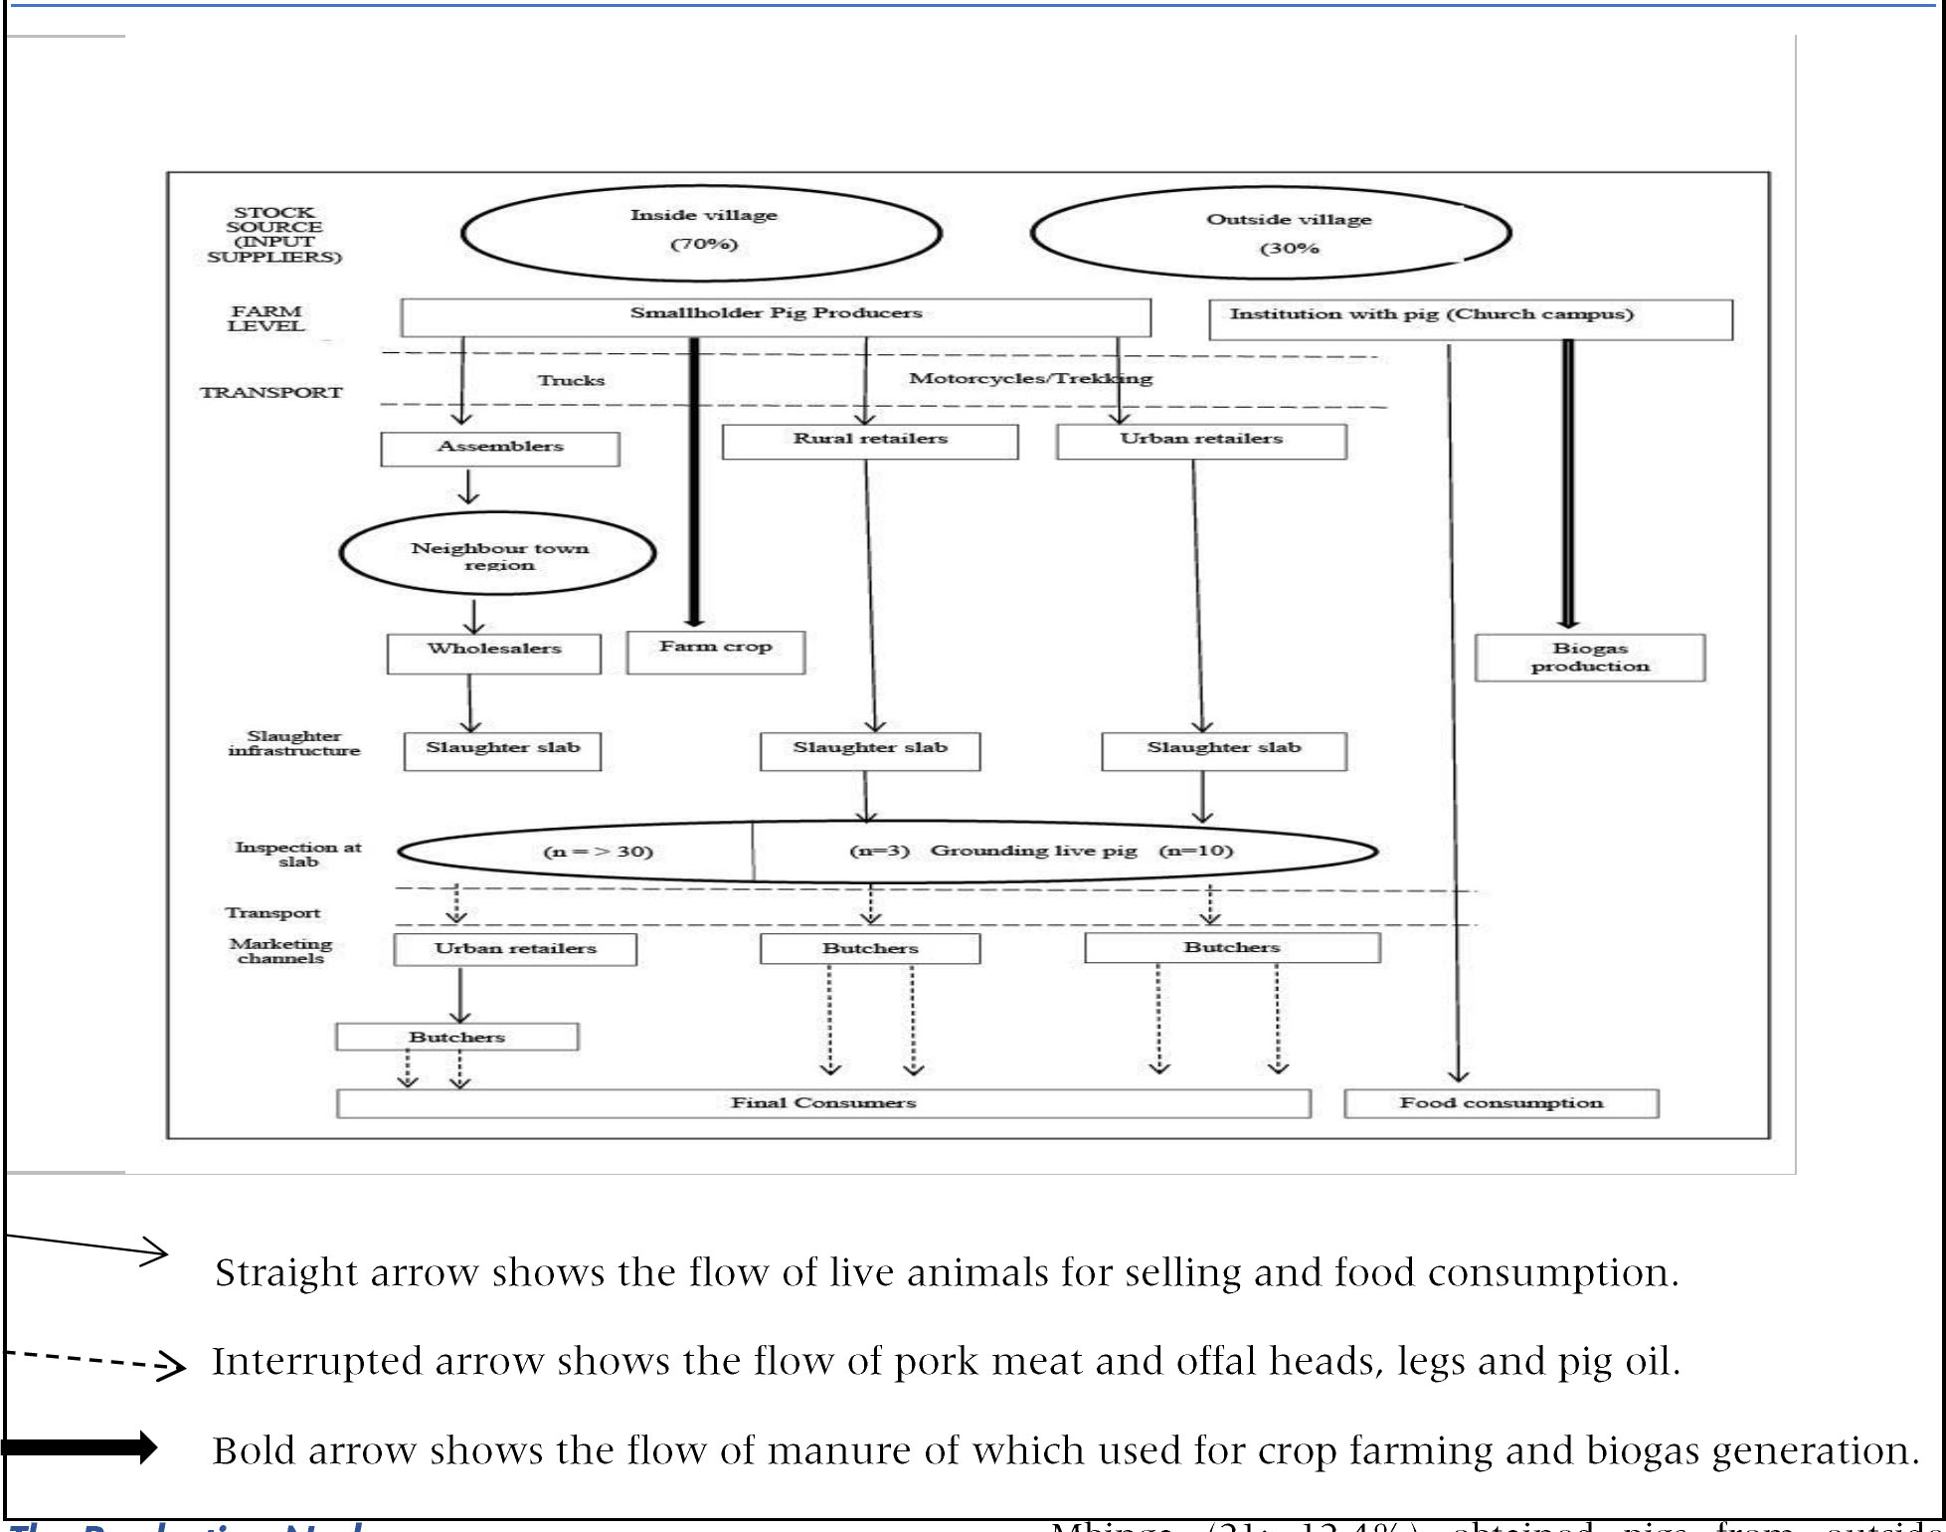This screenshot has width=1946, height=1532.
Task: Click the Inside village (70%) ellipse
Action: point(702,233)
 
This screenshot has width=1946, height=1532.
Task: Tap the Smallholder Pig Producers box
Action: point(776,316)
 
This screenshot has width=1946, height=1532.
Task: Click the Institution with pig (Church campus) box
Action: point(1470,318)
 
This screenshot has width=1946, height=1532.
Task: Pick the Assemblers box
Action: point(499,448)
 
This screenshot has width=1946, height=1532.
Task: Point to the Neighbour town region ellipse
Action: point(498,554)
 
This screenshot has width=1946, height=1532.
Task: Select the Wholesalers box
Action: point(494,653)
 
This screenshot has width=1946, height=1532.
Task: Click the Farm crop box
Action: point(715,651)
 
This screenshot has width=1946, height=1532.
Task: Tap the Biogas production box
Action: point(1589,657)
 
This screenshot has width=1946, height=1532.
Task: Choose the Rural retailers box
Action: point(870,441)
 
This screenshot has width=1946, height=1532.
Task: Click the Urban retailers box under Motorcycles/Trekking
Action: point(1201,441)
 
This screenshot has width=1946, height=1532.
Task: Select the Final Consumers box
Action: point(823,1103)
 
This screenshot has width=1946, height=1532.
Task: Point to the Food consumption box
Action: point(1501,1103)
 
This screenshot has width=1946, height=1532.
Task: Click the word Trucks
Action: point(571,380)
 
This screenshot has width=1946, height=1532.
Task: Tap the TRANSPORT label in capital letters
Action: point(270,392)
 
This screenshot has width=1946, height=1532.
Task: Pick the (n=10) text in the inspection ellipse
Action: point(1195,851)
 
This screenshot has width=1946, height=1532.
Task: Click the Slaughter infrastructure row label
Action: point(293,743)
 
